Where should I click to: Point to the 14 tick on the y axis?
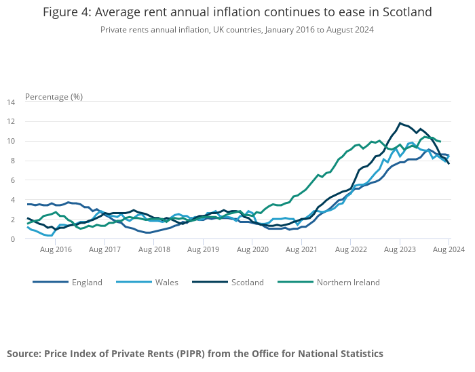(x=11, y=102)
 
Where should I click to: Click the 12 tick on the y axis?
(x=11, y=122)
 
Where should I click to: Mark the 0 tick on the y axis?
(x=13, y=239)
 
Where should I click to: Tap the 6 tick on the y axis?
(x=13, y=181)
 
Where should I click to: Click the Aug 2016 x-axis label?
(x=56, y=249)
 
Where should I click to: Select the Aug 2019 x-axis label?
(x=204, y=249)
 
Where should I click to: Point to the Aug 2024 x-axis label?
(x=449, y=249)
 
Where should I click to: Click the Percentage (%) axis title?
(x=54, y=96)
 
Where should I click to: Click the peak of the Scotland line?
(x=400, y=123)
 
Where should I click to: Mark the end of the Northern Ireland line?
(x=440, y=142)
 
